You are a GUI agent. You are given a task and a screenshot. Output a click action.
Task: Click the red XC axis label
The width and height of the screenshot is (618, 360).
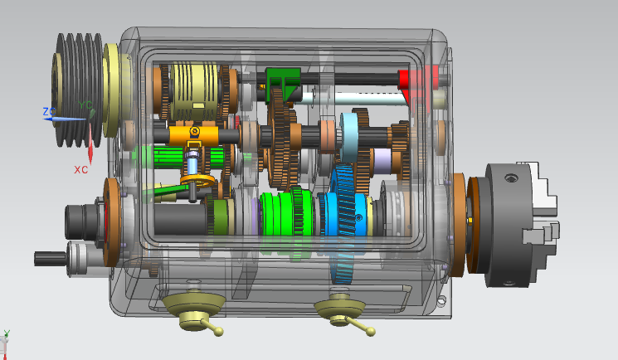pos(81,169)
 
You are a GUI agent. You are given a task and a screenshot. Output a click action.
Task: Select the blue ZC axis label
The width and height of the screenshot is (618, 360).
pos(49,111)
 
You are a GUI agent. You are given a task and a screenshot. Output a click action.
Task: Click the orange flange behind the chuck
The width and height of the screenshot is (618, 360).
pos(460,224)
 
